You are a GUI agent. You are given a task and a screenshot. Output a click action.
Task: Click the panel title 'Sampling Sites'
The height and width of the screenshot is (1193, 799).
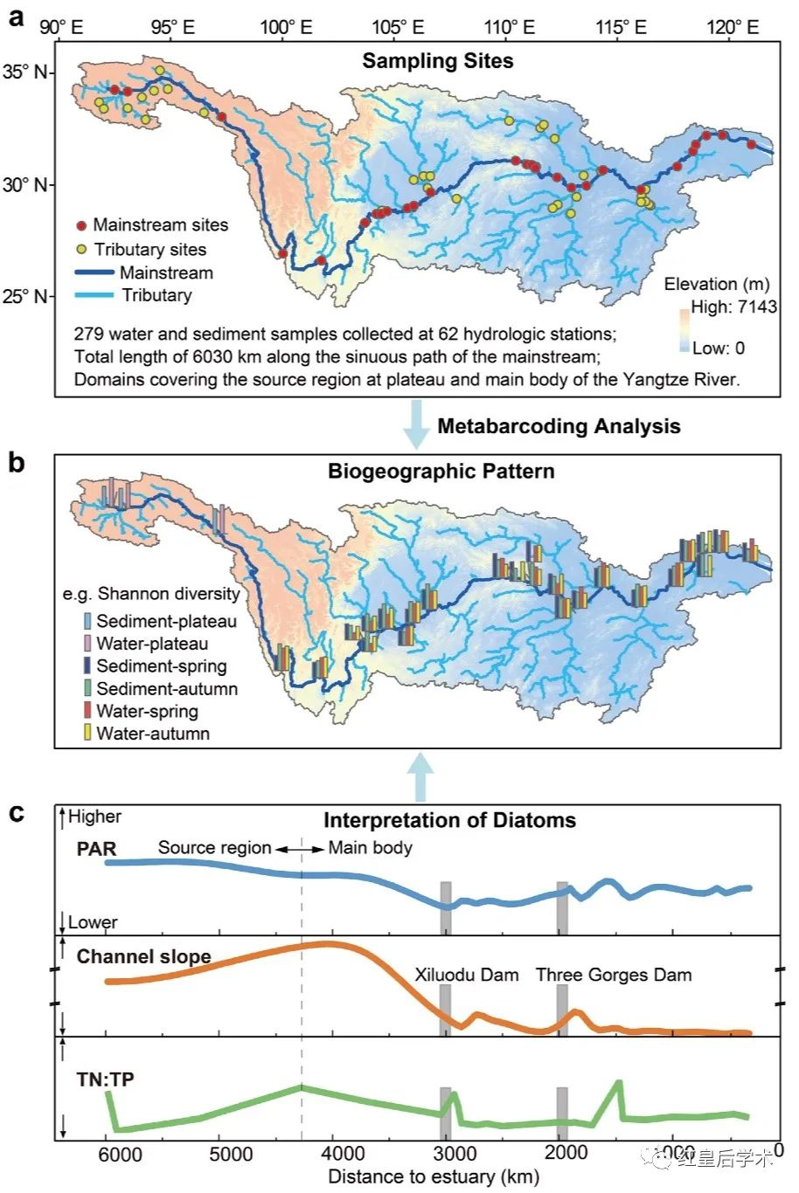pos(438,61)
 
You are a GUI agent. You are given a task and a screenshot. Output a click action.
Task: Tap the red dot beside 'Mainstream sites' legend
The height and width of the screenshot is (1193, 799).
pos(81,226)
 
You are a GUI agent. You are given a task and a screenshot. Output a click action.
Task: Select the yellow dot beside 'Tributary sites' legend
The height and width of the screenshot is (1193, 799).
pos(81,250)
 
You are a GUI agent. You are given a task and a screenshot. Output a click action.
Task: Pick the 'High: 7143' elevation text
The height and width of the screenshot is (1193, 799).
pos(733,307)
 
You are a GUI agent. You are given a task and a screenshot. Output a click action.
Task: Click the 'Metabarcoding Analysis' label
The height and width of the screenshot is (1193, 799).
pos(559,426)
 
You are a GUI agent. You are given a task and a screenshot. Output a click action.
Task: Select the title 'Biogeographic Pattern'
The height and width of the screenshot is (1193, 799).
pos(441,472)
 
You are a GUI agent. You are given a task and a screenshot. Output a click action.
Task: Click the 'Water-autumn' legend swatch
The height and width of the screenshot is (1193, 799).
pos(87,734)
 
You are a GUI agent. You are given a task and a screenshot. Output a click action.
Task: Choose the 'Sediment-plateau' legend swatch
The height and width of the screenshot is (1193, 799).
pos(87,622)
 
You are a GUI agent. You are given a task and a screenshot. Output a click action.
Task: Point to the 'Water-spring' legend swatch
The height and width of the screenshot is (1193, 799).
pos(87,711)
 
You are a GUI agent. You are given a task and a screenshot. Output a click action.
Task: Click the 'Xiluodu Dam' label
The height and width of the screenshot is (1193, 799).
pos(466,975)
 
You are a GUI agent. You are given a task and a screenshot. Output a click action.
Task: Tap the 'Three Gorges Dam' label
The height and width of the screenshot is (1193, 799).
pos(613,975)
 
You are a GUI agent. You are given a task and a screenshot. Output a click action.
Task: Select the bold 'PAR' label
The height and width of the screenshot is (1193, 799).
pos(96,849)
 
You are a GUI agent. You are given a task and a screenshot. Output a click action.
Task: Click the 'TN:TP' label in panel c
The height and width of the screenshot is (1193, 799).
pos(106,1080)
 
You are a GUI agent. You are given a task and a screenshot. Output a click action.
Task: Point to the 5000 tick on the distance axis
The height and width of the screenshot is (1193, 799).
pos(231,1155)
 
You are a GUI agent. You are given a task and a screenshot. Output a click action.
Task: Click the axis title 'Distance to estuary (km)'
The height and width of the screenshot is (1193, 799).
pos(433,1176)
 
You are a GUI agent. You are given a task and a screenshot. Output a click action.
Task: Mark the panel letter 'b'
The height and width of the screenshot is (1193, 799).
pos(17,463)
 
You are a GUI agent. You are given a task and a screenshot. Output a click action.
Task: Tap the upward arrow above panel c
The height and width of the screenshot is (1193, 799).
pos(421,776)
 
